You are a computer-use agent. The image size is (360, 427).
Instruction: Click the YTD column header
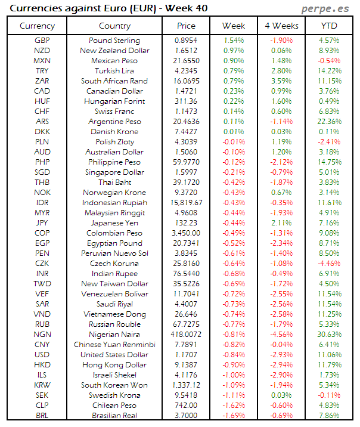point(330,26)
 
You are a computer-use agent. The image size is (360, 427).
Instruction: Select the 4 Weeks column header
point(280,26)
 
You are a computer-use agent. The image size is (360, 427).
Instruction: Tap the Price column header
point(186,26)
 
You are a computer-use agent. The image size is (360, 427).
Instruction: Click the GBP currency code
point(42,41)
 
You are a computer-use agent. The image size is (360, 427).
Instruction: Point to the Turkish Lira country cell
point(114,71)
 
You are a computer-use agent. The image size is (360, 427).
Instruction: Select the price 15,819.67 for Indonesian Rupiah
point(186,203)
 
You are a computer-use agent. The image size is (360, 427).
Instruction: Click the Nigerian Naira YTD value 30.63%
point(330,335)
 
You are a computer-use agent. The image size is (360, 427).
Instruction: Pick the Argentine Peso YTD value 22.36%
point(330,122)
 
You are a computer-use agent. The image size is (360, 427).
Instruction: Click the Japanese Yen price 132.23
point(186,223)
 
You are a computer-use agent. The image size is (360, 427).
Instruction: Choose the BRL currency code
point(42,416)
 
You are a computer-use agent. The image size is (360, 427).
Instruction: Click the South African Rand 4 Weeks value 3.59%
point(280,81)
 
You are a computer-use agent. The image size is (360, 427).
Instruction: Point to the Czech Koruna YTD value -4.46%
point(330,264)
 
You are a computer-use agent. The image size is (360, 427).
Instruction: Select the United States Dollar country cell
point(114,355)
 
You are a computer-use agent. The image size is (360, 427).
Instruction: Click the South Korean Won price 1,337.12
point(186,385)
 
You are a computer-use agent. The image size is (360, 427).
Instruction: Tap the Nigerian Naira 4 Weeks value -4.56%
point(280,335)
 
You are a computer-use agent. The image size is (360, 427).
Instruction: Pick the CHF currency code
point(42,112)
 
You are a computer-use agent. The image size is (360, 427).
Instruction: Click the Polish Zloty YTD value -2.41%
point(330,142)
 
